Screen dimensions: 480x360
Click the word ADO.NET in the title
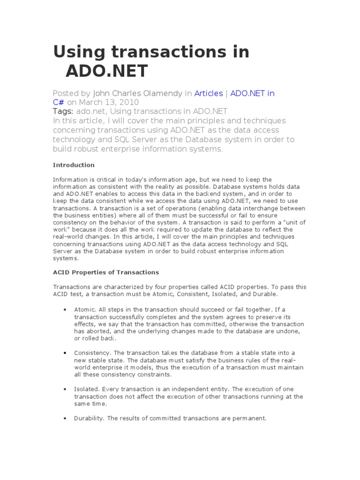pyautogui.click(x=106, y=71)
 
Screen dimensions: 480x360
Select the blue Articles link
pyautogui.click(x=209, y=93)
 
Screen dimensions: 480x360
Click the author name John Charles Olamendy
pyautogui.click(x=138, y=93)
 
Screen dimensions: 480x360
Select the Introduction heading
pyautogui.click(x=74, y=165)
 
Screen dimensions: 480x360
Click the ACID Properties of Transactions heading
pyautogui.click(x=106, y=272)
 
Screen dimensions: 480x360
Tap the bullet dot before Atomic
pyautogui.click(x=64, y=310)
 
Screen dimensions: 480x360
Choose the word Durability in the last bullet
pyautogui.click(x=89, y=418)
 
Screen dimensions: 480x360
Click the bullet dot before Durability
pyautogui.click(x=64, y=418)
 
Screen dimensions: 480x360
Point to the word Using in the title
pyautogui.click(x=77, y=52)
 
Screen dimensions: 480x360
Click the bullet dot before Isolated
pyautogui.click(x=64, y=389)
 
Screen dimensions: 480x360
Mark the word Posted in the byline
pyautogui.click(x=66, y=93)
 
